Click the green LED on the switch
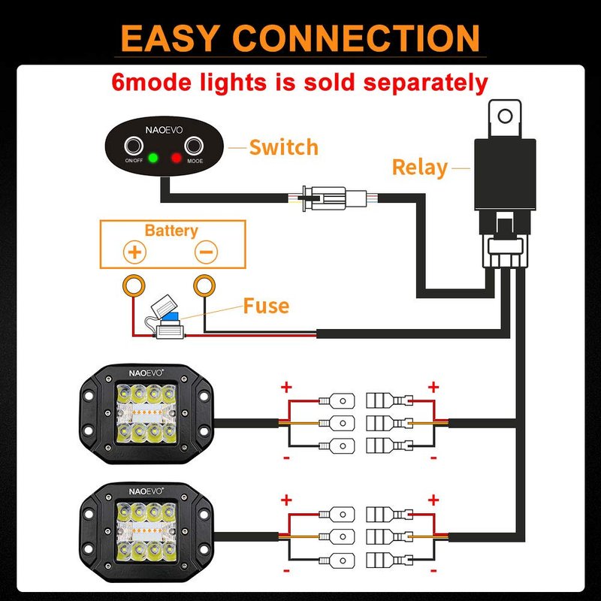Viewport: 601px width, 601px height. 153,159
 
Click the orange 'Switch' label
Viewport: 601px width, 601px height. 283,147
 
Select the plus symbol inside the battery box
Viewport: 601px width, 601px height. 135,252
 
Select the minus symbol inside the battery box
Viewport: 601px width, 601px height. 206,252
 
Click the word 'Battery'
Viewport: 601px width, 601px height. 171,231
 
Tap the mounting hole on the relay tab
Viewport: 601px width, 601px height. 506,116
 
